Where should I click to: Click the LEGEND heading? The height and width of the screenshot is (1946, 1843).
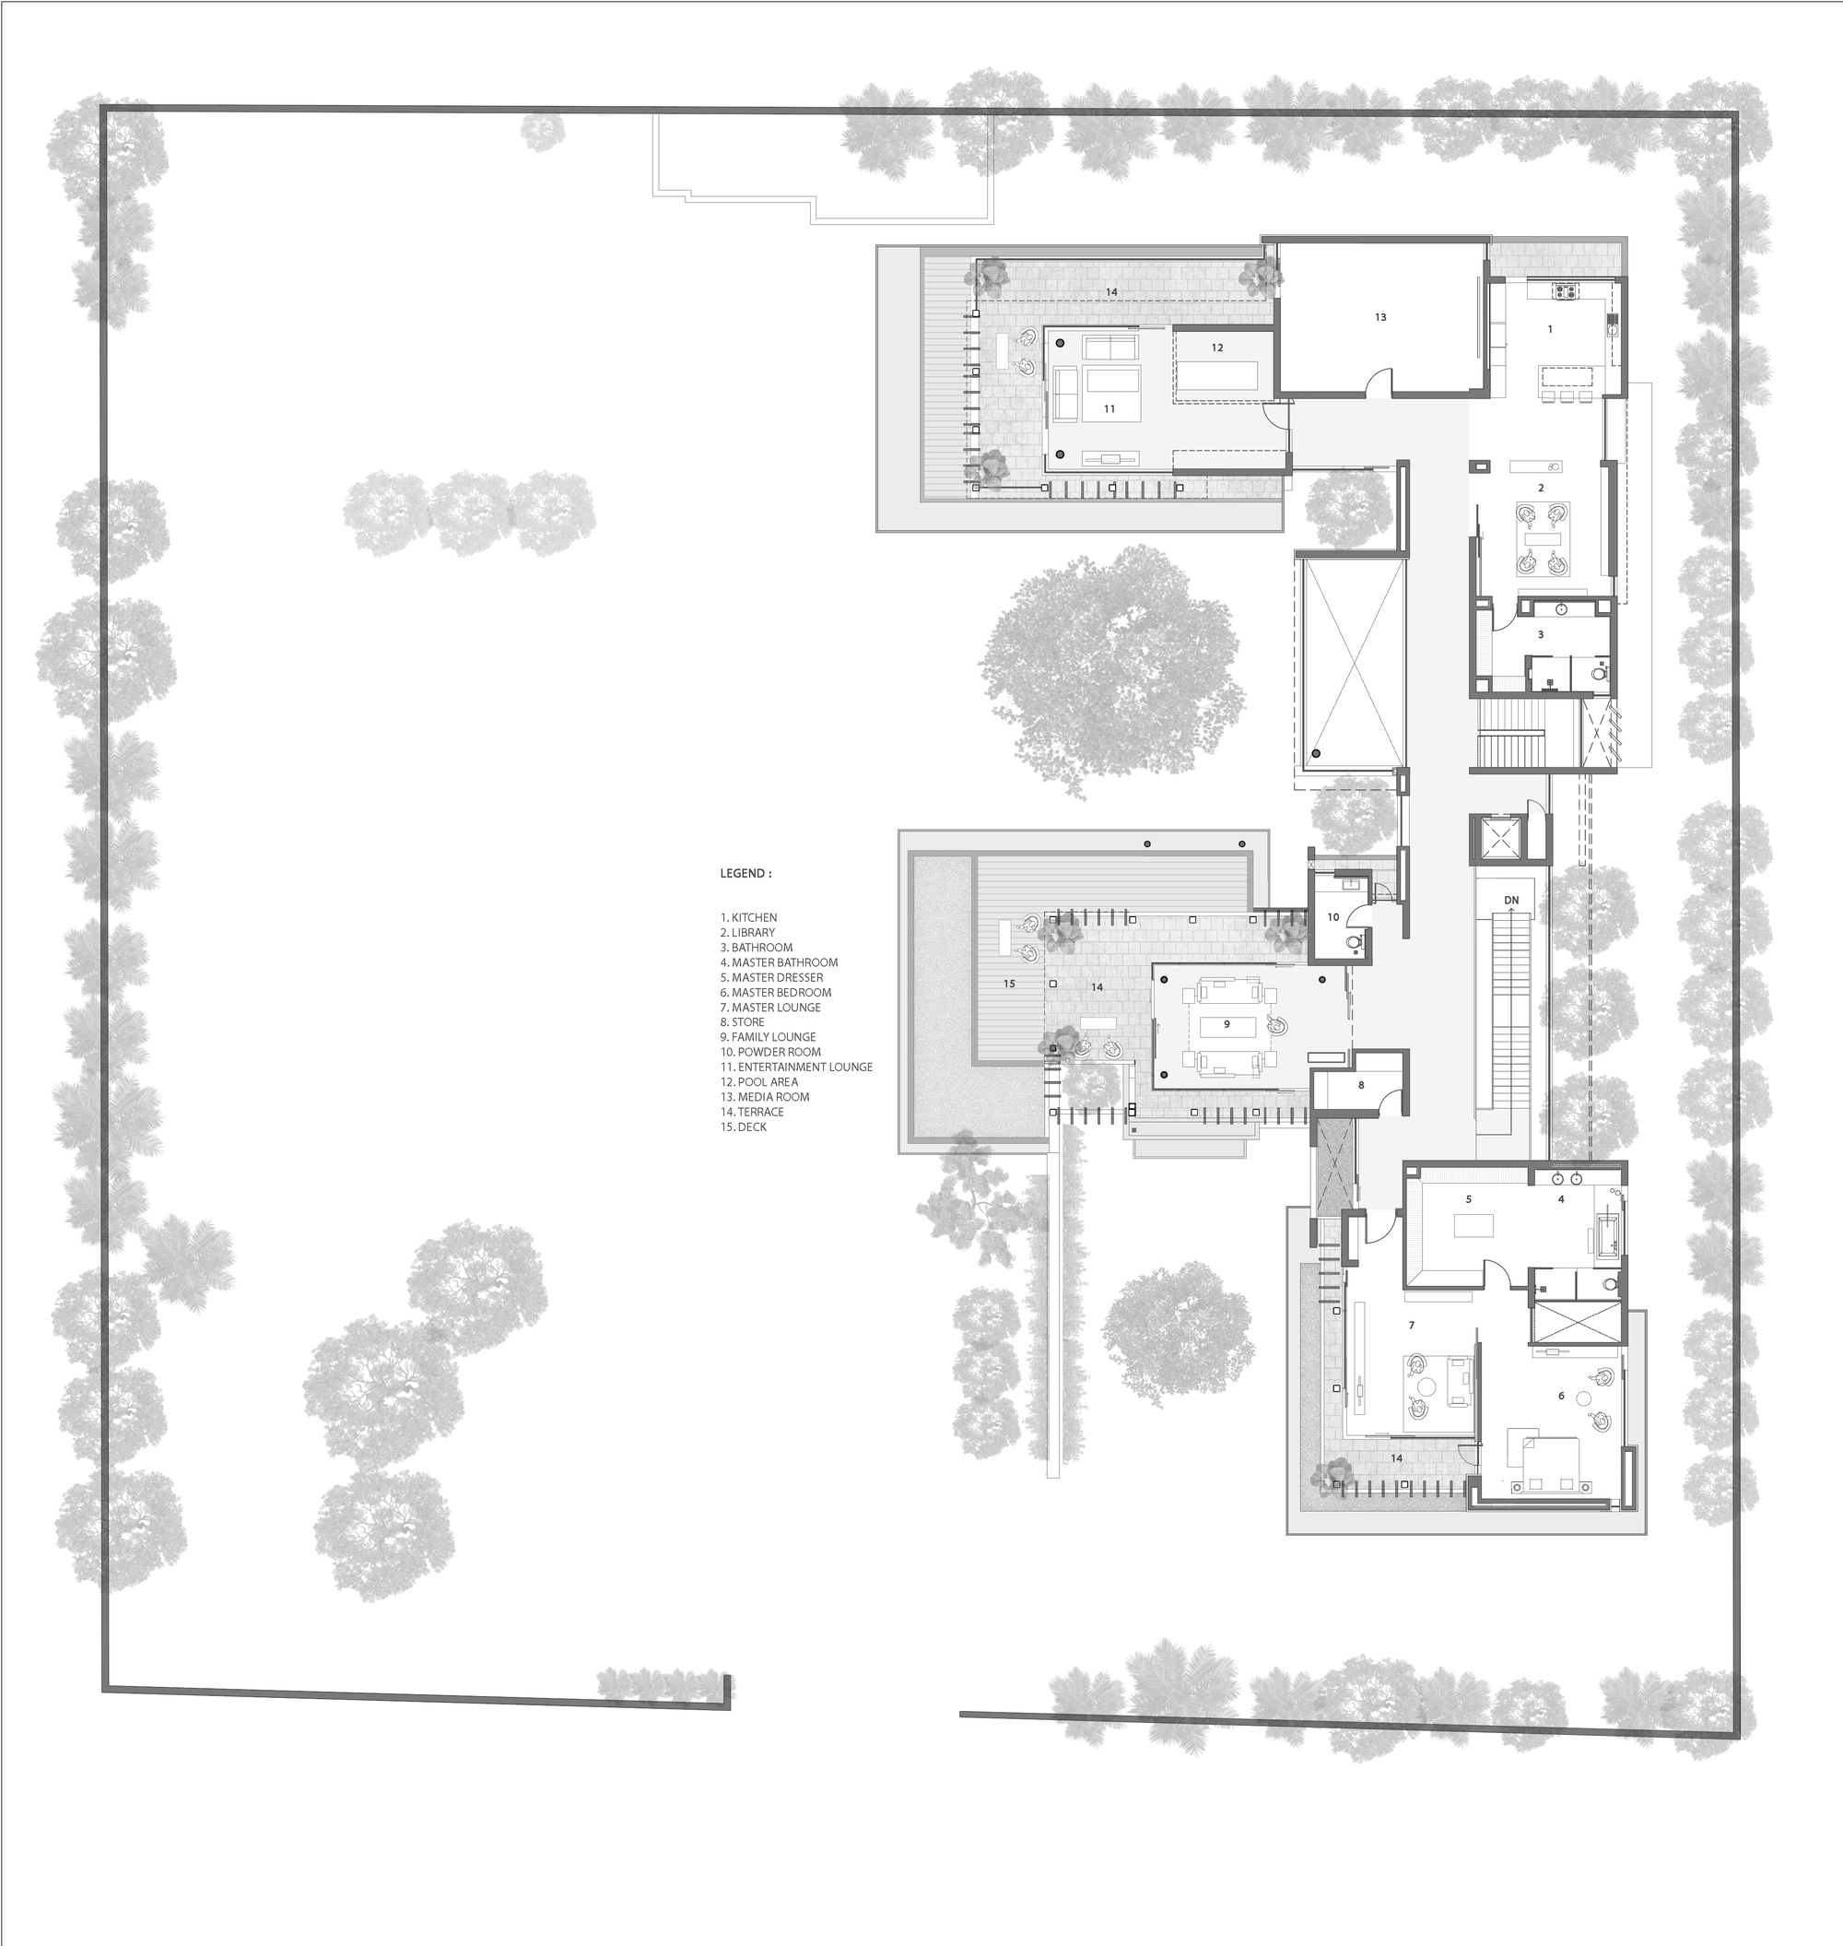pos(745,873)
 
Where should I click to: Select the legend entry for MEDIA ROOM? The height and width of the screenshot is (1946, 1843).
pos(770,1097)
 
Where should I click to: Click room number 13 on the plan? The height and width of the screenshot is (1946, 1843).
pos(1380,317)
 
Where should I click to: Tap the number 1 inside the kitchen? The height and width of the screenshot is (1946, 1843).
pos(1550,329)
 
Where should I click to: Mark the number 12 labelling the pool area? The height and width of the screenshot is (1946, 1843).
pos(1217,348)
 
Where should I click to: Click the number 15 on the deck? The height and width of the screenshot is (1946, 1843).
pos(1009,984)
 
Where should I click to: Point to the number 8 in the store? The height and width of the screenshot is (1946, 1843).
pos(1361,1085)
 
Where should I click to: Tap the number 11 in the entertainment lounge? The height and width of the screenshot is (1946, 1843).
pos(1109,409)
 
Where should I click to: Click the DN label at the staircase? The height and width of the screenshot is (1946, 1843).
pos(1511,901)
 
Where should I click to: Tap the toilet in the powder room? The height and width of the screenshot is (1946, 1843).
pos(1355,941)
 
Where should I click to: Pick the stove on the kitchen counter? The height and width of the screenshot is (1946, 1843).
pos(1563,290)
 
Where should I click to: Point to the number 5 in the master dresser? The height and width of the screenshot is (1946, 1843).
pos(1469,1199)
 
